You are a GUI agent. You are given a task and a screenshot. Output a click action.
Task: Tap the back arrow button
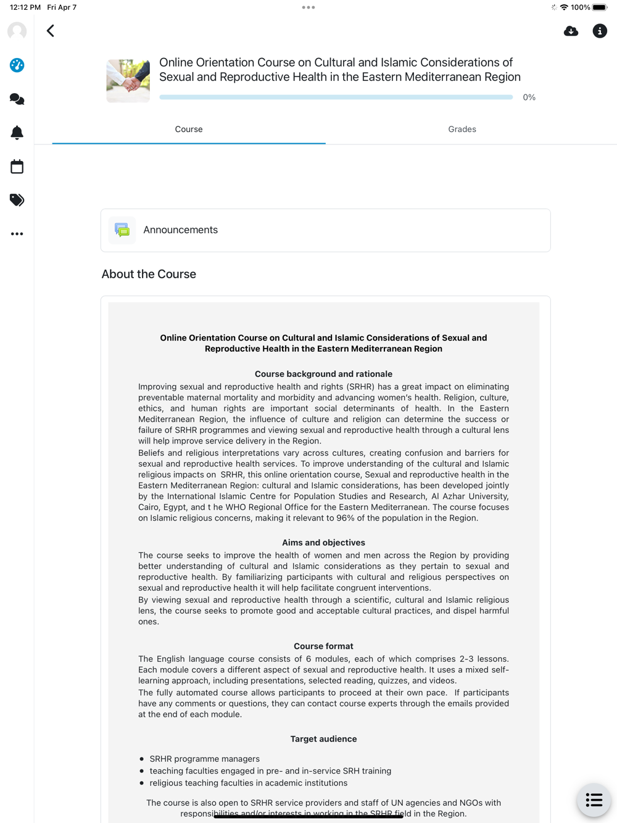tap(51, 31)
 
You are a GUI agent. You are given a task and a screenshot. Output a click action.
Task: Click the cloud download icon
tap(571, 31)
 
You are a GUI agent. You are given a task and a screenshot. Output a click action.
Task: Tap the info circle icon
tap(600, 31)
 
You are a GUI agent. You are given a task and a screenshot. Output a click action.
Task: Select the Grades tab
tap(462, 130)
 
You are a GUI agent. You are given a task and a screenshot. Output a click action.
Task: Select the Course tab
tap(189, 130)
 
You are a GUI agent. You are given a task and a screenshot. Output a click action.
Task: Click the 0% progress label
tap(529, 97)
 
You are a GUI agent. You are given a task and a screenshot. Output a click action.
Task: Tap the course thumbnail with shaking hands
tap(128, 81)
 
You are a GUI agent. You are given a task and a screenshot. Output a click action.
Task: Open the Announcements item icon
tap(122, 230)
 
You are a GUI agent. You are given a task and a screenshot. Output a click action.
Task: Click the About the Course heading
tap(149, 274)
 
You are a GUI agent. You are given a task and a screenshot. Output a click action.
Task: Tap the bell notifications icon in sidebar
tap(17, 133)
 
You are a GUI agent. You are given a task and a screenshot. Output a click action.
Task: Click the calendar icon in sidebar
tap(17, 167)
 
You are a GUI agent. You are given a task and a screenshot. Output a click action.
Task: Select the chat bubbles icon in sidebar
tap(17, 99)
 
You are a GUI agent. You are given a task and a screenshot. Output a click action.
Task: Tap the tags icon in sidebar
tap(17, 200)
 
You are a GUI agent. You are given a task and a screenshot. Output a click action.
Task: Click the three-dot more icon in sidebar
tap(17, 234)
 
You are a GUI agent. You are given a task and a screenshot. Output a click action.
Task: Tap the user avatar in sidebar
tap(17, 31)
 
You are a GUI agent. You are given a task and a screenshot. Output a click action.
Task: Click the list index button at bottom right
tap(594, 800)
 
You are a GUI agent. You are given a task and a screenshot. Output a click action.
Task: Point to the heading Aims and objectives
tap(323, 543)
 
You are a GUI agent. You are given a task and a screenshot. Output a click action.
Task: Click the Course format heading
tap(323, 647)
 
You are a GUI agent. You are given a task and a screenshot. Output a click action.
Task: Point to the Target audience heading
tap(323, 739)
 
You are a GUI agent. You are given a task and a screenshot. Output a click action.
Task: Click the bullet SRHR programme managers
tap(204, 759)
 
